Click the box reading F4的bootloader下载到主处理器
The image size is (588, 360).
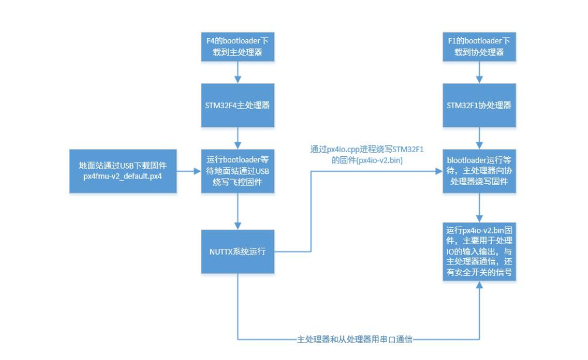237,47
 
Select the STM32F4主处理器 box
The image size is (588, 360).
237,105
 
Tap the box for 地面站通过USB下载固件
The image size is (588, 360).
123,171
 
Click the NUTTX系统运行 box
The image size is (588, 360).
237,252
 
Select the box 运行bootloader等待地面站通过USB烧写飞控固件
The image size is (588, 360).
237,171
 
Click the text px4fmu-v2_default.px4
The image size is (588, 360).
123,176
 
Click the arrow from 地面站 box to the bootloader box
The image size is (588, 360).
189,171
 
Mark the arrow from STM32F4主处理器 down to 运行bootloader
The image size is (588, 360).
237,138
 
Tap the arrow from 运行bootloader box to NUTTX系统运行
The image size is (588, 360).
237,212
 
